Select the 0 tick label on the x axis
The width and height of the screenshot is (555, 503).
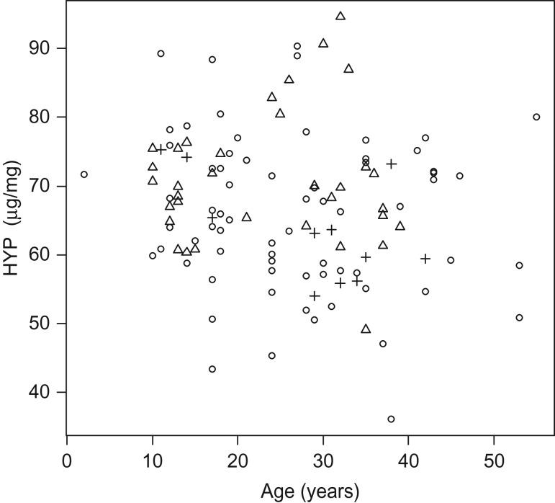pyautogui.click(x=67, y=460)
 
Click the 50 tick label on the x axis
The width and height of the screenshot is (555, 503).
pyautogui.click(x=494, y=460)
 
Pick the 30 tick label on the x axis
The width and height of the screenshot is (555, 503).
pyautogui.click(x=323, y=460)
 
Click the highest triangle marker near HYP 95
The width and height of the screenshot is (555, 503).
pyautogui.click(x=340, y=16)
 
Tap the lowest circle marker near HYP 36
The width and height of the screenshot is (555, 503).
pyautogui.click(x=391, y=419)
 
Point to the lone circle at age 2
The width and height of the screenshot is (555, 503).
pyautogui.click(x=84, y=174)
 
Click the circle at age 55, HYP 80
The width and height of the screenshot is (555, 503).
pyautogui.click(x=536, y=117)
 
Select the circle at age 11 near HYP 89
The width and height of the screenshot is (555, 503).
pyautogui.click(x=161, y=53)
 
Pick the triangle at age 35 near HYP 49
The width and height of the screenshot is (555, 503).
pyautogui.click(x=366, y=329)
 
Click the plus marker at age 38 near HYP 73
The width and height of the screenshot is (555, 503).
pyautogui.click(x=391, y=164)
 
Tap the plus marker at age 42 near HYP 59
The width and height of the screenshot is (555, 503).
pyautogui.click(x=425, y=259)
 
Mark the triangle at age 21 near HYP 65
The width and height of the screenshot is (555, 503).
pyautogui.click(x=246, y=217)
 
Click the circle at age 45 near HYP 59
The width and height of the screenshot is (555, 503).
pyautogui.click(x=451, y=260)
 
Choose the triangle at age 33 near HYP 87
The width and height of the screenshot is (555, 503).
pyautogui.click(x=348, y=68)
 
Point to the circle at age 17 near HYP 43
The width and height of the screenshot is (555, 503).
pyautogui.click(x=212, y=369)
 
